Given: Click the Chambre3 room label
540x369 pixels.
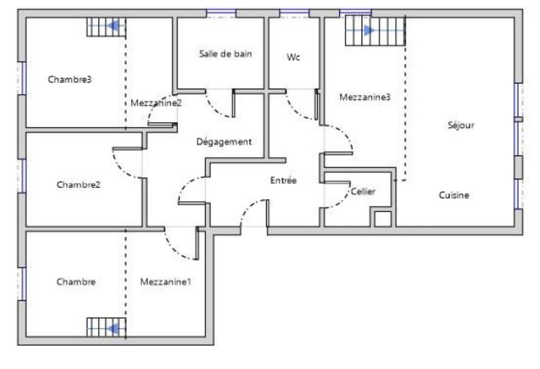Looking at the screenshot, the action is point(69,80).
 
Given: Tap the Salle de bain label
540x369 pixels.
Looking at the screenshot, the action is point(226,54).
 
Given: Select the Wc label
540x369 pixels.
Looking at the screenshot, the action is point(293,57).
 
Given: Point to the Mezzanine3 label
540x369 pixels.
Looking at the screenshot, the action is point(365,97).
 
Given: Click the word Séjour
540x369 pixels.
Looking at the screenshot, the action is point(461,125).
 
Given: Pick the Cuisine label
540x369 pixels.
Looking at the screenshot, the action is point(454,195).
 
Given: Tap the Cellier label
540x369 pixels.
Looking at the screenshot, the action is point(363,191).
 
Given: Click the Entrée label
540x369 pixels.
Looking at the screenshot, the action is point(284,180).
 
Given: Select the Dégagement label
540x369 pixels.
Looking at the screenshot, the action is point(224,141).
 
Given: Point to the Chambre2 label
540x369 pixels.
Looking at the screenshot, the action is point(79,184).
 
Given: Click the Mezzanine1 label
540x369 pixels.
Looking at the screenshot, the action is point(166,282).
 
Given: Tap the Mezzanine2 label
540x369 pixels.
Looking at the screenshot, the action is point(156,103).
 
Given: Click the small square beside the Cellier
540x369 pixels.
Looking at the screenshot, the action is point(383,219).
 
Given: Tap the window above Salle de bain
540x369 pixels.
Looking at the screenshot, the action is point(221,14).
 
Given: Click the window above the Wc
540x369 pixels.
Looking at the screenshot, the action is point(294,14).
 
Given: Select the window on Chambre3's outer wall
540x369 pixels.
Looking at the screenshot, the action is point(22,79).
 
